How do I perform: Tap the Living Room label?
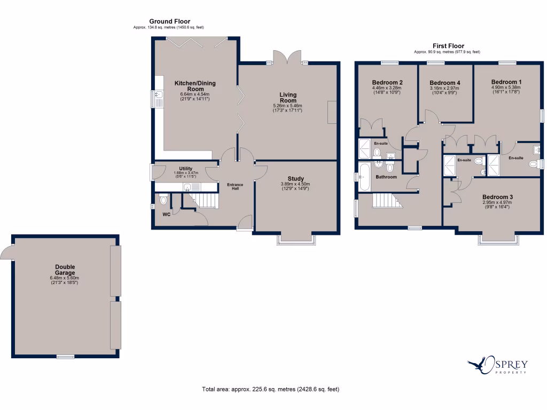click(x=288, y=98)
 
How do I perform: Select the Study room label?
click(x=295, y=179)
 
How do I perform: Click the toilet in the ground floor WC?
click(x=164, y=200)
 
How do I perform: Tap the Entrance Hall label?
click(x=235, y=186)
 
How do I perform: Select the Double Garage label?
click(x=65, y=270)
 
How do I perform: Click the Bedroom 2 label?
click(x=387, y=82)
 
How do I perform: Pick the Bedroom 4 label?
click(x=444, y=83)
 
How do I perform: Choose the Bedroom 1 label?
click(x=506, y=82)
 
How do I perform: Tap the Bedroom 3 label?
click(x=497, y=197)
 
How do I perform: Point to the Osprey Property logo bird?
click(x=479, y=366)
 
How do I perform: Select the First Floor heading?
click(x=448, y=46)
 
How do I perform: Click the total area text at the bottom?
click(x=270, y=389)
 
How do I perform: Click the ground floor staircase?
click(x=205, y=201)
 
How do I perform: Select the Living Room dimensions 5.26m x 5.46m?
click(x=287, y=106)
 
